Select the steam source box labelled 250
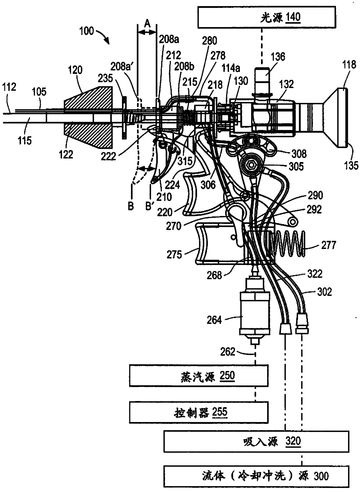(199, 376)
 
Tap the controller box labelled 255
(199, 412)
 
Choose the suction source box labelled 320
(256, 441)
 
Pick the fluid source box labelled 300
(256, 476)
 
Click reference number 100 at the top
(86, 31)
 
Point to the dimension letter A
(147, 23)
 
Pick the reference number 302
(324, 291)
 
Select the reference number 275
(174, 255)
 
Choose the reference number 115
(24, 141)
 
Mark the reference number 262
(227, 352)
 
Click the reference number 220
(165, 212)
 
